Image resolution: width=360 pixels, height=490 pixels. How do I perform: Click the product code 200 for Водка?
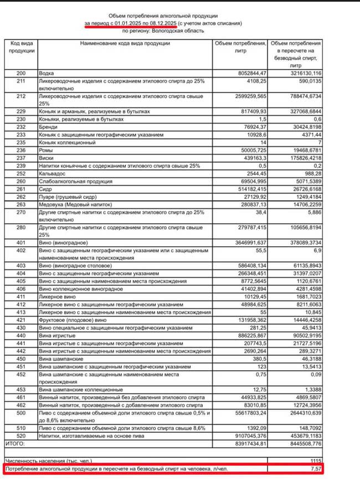click(x=21, y=73)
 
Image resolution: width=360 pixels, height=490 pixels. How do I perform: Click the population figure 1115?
click(x=316, y=460)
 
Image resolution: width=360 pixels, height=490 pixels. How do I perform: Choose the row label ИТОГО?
click(x=16, y=443)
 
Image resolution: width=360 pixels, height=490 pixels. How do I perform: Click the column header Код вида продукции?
click(x=21, y=47)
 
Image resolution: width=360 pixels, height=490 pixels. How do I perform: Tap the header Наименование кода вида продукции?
click(x=125, y=43)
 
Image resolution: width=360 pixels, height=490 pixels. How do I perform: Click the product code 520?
click(x=21, y=436)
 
